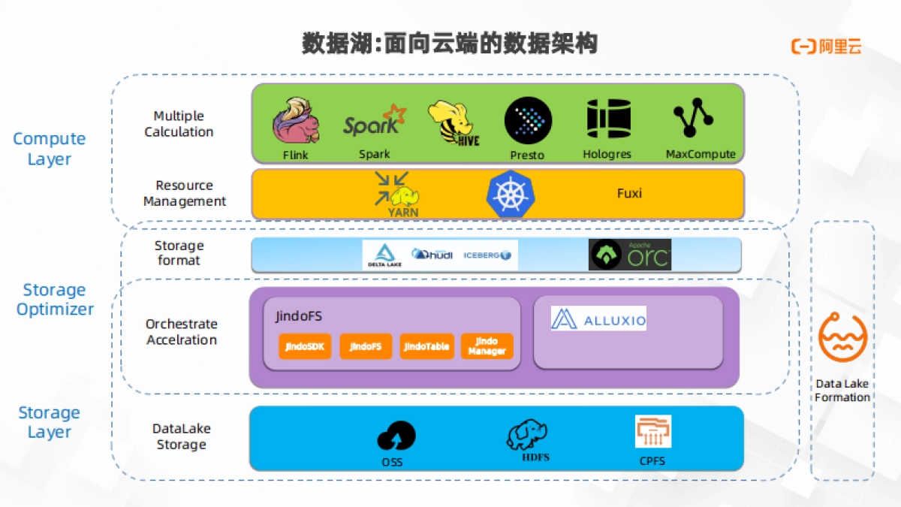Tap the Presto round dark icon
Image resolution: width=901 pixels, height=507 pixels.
[x=528, y=121]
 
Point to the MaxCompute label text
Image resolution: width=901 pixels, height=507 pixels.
[x=701, y=154]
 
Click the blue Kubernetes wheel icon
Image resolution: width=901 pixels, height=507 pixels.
[x=511, y=193]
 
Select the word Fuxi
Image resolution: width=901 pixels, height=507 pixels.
[x=629, y=193]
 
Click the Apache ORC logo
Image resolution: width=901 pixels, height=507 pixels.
[x=630, y=255]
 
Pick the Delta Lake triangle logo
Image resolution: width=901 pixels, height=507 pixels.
[x=385, y=255]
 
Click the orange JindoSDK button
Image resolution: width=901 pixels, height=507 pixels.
[x=304, y=346]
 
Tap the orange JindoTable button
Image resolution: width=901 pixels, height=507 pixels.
[x=426, y=346]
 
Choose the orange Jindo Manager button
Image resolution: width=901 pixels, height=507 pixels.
[x=487, y=346]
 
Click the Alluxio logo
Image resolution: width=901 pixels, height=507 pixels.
[x=598, y=318]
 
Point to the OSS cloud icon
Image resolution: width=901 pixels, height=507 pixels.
[x=396, y=436]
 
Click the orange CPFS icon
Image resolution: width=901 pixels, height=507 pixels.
[x=652, y=432]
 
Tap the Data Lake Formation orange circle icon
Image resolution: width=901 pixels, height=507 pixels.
[x=842, y=338]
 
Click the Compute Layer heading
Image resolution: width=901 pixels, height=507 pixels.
[x=50, y=149]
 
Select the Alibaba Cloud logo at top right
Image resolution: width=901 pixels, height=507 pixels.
[x=826, y=47]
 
